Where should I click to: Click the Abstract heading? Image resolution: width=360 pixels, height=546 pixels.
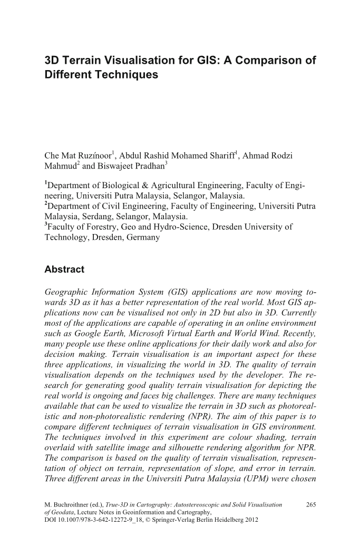[64, 269]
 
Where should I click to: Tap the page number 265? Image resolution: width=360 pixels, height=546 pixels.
[310, 504]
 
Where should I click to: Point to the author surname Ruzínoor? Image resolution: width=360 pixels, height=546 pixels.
[93, 156]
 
